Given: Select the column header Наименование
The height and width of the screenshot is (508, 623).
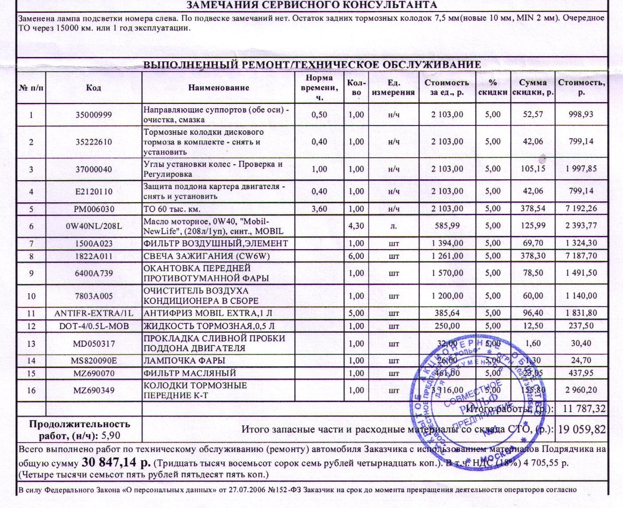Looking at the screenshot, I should [218, 87].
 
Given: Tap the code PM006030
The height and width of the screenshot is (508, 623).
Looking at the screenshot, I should [94, 209].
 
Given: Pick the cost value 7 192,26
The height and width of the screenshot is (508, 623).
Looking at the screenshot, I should [581, 209].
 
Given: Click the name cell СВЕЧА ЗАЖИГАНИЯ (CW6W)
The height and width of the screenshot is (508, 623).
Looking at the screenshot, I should [206, 256].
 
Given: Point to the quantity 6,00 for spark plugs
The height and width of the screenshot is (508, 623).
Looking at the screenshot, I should [356, 256].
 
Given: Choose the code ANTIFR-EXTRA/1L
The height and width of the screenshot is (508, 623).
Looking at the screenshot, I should [94, 313].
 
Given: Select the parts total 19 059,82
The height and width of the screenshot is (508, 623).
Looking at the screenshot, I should [581, 429].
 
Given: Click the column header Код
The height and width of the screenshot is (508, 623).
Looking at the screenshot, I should [94, 87].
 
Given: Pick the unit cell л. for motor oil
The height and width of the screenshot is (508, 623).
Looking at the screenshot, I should [394, 226].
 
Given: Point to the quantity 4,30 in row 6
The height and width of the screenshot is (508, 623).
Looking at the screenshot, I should [356, 226].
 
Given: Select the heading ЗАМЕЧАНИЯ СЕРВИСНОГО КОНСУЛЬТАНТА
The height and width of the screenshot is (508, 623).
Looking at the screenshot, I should [312, 5].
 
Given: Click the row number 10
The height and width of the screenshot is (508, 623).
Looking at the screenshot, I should [31, 296].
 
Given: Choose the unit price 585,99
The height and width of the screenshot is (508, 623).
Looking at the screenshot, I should [447, 226].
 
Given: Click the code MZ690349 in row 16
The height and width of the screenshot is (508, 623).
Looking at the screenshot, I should [94, 390].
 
